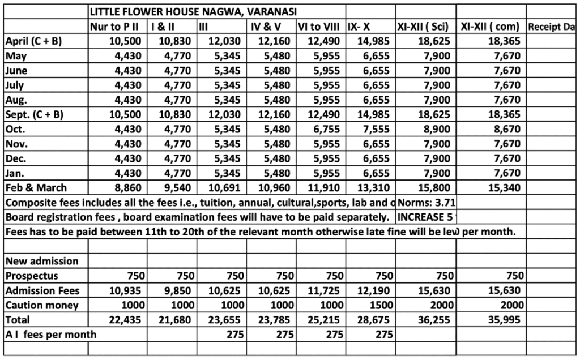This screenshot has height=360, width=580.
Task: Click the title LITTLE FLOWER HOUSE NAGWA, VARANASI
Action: click(x=194, y=11)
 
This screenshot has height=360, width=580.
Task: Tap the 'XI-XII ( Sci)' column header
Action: click(x=424, y=26)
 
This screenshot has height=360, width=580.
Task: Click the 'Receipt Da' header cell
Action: click(x=552, y=26)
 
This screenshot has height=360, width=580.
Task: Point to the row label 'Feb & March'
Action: click(x=36, y=187)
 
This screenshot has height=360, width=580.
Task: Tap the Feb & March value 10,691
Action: click(x=225, y=187)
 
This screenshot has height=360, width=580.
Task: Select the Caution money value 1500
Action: click(x=382, y=305)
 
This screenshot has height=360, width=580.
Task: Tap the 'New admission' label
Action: click(x=42, y=261)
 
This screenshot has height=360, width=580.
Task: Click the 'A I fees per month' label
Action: click(x=51, y=334)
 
